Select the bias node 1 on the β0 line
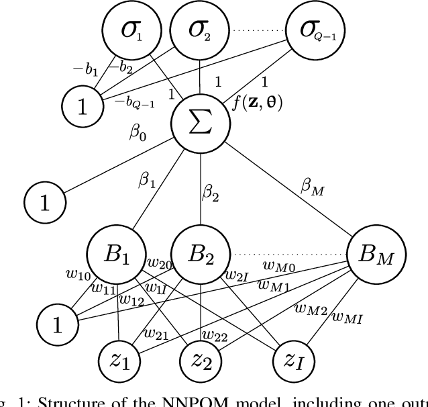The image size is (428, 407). click(x=44, y=201)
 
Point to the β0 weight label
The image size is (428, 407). click(x=137, y=131)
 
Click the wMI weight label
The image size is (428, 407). click(x=347, y=318)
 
